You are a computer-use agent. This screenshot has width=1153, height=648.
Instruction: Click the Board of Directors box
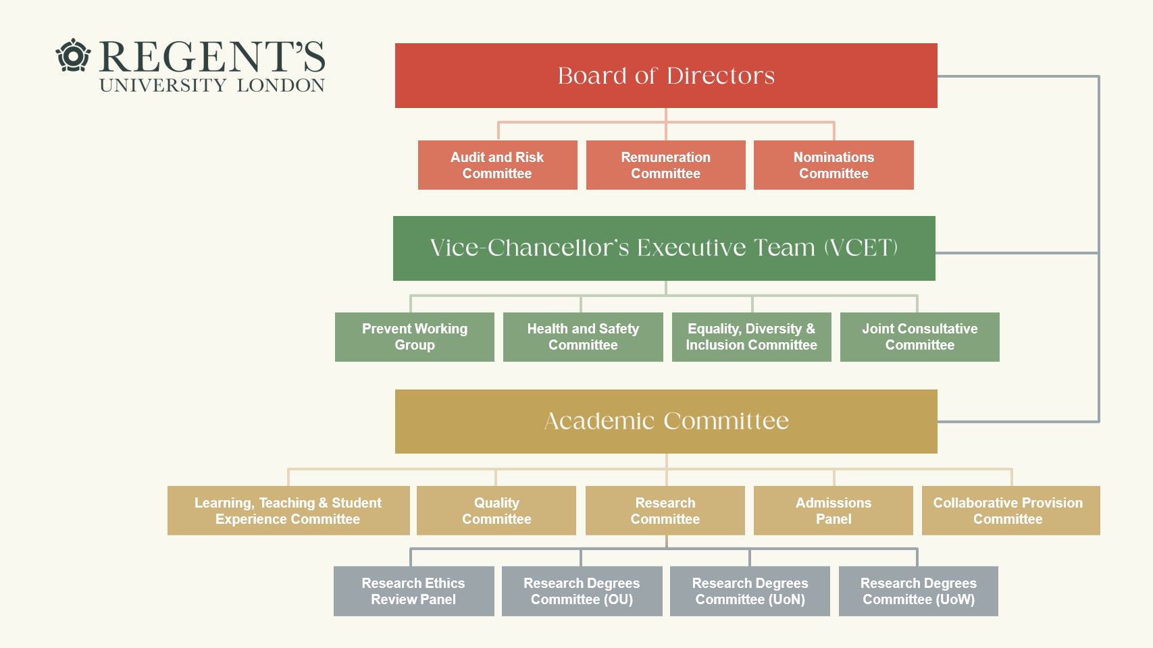tap(666, 76)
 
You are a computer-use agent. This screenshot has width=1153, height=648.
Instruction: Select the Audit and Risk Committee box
tap(497, 165)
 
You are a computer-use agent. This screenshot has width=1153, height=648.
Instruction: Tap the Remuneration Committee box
tap(665, 165)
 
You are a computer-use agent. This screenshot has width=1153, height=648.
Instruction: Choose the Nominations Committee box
tap(834, 165)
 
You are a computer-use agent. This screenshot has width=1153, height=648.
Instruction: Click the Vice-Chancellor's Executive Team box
tap(664, 248)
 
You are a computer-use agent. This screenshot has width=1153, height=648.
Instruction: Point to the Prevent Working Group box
tap(414, 337)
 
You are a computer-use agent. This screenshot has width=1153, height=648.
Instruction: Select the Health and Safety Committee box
tap(583, 337)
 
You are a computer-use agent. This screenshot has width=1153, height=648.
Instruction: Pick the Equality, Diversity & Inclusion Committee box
tap(752, 337)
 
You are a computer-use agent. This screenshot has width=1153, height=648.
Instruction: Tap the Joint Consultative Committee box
tap(920, 337)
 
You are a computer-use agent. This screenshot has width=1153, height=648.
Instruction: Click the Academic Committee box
tap(666, 422)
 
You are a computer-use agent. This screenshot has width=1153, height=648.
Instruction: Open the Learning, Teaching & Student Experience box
tap(288, 511)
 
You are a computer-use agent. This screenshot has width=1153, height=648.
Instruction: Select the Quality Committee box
tap(496, 511)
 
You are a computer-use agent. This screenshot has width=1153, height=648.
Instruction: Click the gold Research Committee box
tap(665, 511)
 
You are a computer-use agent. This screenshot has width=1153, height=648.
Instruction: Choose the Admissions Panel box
tap(834, 511)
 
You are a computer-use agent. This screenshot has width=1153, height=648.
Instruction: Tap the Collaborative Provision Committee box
tap(1011, 511)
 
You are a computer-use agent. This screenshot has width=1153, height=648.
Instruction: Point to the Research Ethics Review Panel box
tap(414, 591)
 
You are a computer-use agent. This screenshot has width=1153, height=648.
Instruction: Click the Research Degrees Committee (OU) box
tap(582, 591)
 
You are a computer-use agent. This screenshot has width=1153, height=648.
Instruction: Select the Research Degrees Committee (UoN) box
tap(750, 591)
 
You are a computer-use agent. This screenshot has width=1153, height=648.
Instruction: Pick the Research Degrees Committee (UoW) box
tap(919, 591)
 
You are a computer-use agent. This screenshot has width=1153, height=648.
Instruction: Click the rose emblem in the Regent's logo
tap(73, 55)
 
